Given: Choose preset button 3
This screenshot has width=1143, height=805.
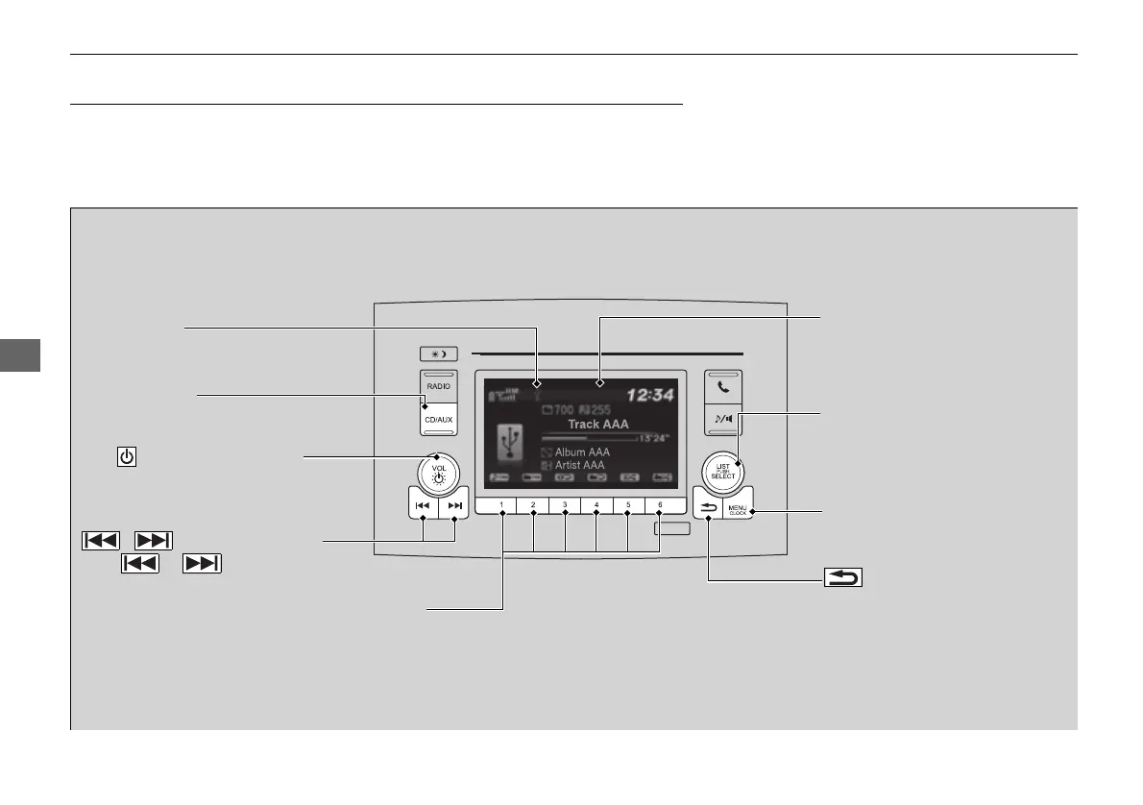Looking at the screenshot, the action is pos(565,505).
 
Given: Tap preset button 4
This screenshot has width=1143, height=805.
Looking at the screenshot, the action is pos(596,505).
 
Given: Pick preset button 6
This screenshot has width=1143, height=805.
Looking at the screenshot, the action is pos(660,505).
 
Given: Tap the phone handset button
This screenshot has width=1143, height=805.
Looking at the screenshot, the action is pos(722,389).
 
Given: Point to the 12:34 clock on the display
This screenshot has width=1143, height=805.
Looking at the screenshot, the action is pos(651,392).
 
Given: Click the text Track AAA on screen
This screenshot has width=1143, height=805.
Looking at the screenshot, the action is pos(598,424).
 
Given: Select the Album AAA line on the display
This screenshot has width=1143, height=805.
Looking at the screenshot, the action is pos(581,451).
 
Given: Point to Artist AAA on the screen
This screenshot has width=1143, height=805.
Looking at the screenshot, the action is pos(580,466).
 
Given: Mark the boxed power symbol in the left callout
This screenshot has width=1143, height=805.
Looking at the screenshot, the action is pos(126,456).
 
